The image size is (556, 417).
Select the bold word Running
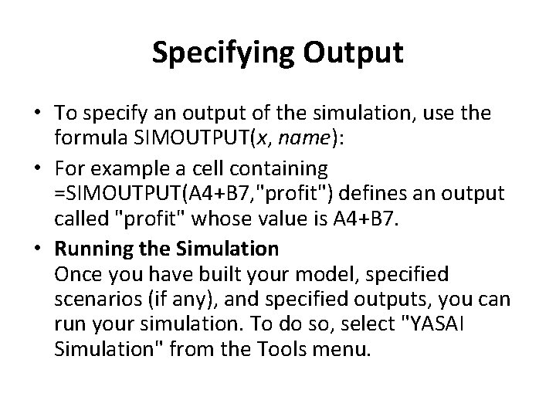pyautogui.click(x=88, y=248)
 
